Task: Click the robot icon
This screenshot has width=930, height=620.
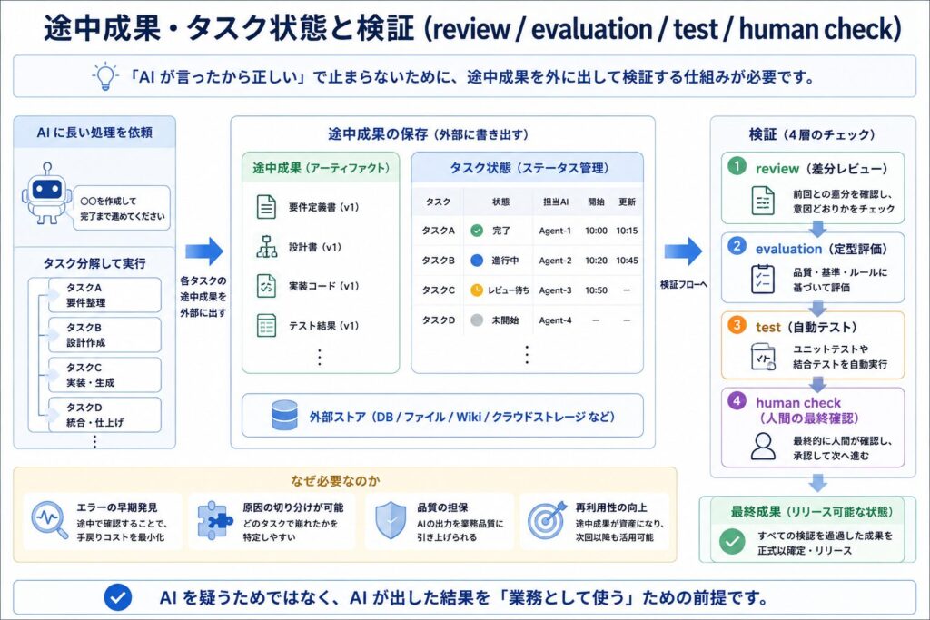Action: click(x=46, y=193)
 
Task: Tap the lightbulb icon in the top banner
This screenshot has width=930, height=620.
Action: click(x=105, y=75)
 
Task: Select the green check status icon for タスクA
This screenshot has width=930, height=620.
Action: click(x=477, y=231)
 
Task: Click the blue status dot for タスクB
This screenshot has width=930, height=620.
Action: click(x=477, y=261)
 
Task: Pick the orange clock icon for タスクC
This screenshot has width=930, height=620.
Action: click(x=477, y=290)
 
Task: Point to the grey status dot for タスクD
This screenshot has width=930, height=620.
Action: click(x=477, y=320)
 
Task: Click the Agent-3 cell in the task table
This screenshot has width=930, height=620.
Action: click(x=555, y=290)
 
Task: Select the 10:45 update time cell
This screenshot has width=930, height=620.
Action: click(x=627, y=261)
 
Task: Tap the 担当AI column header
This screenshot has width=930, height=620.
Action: click(x=556, y=202)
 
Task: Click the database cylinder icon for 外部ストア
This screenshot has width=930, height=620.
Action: click(x=284, y=415)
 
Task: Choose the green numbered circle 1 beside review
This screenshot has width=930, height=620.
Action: click(x=737, y=166)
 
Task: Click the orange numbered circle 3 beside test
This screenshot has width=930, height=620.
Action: click(x=737, y=325)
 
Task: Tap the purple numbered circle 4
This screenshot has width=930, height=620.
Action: click(x=737, y=400)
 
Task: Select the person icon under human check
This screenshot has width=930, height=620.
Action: click(x=763, y=447)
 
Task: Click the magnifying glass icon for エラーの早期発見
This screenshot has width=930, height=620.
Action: click(x=50, y=520)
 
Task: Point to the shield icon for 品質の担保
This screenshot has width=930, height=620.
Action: click(x=391, y=520)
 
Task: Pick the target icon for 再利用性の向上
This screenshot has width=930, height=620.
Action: click(x=547, y=520)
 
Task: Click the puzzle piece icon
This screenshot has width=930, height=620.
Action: click(x=214, y=520)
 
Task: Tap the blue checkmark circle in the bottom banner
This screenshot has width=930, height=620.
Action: click(x=117, y=597)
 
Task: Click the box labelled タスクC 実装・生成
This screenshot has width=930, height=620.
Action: click(x=104, y=375)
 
